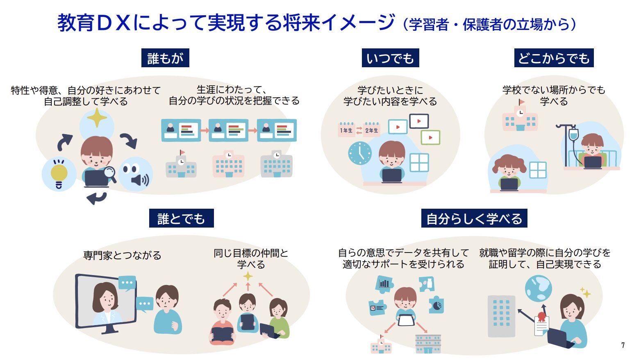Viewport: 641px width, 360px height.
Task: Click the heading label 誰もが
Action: point(165,58)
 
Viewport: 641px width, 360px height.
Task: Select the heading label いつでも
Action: point(390,58)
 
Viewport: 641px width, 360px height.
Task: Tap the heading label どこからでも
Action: point(554,58)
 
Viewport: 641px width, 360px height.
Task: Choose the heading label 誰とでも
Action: point(182,218)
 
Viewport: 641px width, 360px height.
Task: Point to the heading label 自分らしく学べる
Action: point(474,218)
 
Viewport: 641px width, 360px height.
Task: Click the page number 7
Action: point(623,345)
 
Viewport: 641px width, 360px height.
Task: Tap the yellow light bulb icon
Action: point(59,174)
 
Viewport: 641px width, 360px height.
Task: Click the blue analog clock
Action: point(360,153)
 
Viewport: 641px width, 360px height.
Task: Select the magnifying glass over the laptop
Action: point(110,174)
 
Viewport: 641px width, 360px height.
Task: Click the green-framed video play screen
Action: point(430,137)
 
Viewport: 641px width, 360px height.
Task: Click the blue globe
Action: point(538,288)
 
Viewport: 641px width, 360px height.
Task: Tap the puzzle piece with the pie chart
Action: point(436,305)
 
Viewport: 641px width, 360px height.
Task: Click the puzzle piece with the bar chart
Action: point(384,284)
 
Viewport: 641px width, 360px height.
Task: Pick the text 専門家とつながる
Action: point(122,255)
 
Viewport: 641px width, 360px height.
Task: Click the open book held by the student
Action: point(223,334)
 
